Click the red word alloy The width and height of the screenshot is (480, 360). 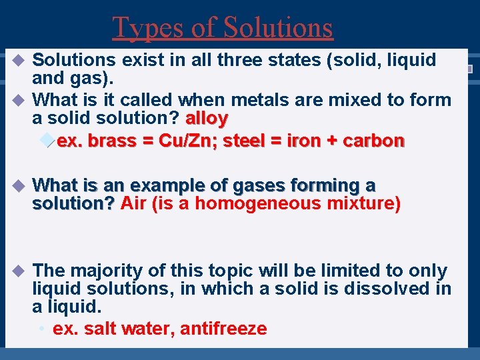207,119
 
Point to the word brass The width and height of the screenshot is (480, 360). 111,141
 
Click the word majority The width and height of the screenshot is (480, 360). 102,271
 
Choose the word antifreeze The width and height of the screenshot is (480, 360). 223,329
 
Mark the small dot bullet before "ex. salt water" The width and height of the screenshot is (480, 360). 41,329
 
